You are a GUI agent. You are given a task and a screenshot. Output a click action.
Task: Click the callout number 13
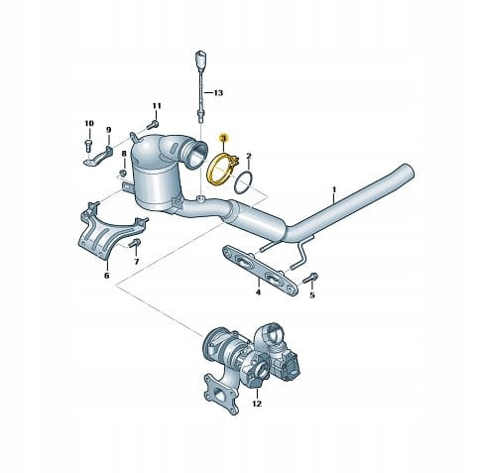pos(218,93)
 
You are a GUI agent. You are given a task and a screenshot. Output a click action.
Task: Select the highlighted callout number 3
pos(223,138)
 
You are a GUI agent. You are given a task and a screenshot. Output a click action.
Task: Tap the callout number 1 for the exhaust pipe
pos(334,189)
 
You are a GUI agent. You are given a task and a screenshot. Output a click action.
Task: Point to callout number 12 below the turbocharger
pos(257,404)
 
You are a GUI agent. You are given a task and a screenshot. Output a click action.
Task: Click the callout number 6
pos(106,275)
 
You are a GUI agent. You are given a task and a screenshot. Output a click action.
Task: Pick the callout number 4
pos(258,293)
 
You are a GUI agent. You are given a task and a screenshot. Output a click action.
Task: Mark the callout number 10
pos(89,123)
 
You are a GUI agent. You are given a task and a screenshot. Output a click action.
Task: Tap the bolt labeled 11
pos(152,125)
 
